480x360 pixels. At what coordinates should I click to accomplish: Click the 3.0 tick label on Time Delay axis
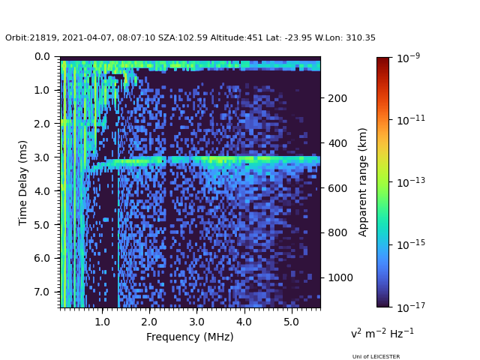click(x=42, y=157)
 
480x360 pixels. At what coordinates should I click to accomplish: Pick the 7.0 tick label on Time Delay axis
click(x=42, y=292)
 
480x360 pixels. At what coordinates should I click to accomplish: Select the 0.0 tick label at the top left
click(x=42, y=57)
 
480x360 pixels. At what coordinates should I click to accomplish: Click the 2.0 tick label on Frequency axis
click(x=149, y=322)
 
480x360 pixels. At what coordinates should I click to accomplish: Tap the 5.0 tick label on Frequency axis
click(x=292, y=322)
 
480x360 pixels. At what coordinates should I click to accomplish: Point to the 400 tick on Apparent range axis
click(x=337, y=143)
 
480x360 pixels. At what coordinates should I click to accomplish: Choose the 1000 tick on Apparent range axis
click(x=340, y=277)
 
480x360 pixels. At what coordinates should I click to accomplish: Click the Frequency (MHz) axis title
click(x=190, y=337)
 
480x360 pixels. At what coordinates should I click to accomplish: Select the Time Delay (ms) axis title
click(x=22, y=183)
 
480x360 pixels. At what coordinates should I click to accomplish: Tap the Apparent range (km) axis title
click(x=362, y=182)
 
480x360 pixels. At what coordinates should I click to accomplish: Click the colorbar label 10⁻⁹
click(x=408, y=58)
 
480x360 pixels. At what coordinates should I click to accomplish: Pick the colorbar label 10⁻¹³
click(x=411, y=182)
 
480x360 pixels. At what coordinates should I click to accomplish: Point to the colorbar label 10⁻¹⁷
click(x=411, y=307)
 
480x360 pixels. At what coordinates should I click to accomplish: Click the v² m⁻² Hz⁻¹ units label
click(x=382, y=333)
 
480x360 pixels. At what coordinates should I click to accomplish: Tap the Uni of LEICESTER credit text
click(x=376, y=357)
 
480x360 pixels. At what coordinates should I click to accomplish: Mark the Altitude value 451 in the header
click(x=255, y=38)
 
